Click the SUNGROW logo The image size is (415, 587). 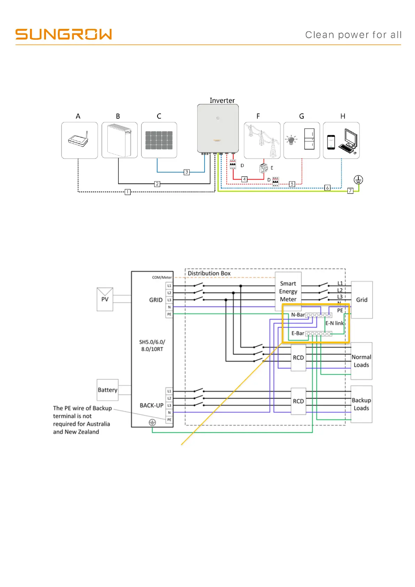click(x=63, y=34)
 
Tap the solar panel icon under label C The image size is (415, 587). click(x=159, y=140)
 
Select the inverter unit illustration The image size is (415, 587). click(x=218, y=128)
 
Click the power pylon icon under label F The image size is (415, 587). click(x=262, y=140)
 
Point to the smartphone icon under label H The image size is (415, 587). click(x=331, y=142)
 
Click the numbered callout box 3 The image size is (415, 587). click(x=187, y=172)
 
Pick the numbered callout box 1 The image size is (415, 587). click(x=128, y=192)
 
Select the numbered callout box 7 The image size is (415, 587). click(x=351, y=191)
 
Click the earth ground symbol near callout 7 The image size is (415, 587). click(x=358, y=180)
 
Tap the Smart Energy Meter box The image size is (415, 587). click(x=288, y=291)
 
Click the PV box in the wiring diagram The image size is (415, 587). click(x=105, y=299)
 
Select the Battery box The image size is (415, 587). click(x=107, y=390)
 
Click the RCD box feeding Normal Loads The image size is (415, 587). click(x=298, y=358)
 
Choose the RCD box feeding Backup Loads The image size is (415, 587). click(x=298, y=401)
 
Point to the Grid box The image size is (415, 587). click(x=362, y=300)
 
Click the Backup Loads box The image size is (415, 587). click(x=361, y=404)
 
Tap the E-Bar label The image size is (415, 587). click(x=298, y=333)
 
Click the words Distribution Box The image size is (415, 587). click(x=209, y=273)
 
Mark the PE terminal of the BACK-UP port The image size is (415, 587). click(x=169, y=420)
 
